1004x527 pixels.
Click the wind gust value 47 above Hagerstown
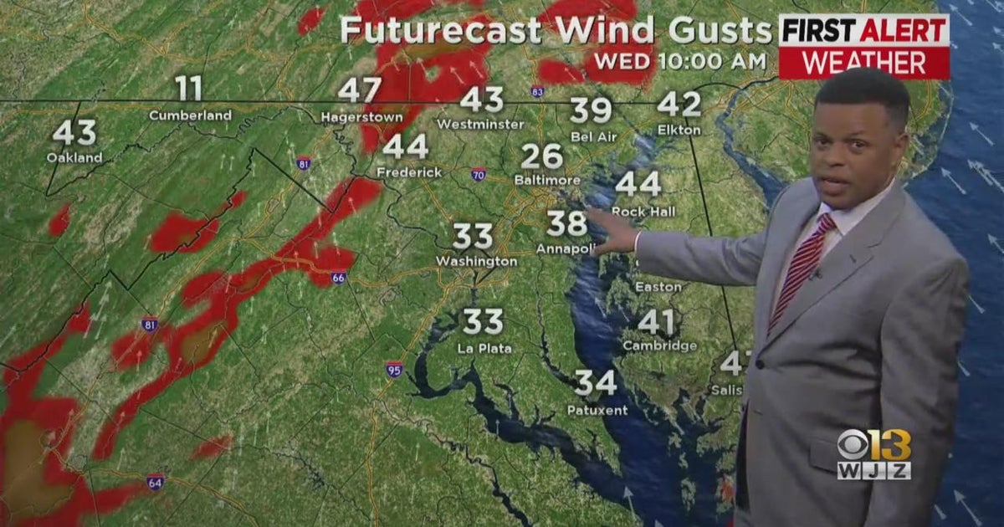pos(360,90)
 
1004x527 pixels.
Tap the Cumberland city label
pos(190,115)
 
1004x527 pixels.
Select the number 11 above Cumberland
pos(189,88)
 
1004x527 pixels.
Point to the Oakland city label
pos(74,157)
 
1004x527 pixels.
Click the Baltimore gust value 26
pos(541,156)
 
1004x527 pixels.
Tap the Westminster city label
pos(480,124)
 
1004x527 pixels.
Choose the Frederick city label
pos(409,172)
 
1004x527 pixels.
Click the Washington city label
pos(476,262)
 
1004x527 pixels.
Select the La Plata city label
pos(484,348)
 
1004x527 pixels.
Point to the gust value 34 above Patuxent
pos(596,383)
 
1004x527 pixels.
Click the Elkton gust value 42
pos(679,104)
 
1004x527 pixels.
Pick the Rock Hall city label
pos(643,212)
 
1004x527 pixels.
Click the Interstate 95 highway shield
pos(394,368)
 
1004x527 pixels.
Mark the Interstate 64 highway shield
pos(155,482)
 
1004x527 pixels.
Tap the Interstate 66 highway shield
pos(338,277)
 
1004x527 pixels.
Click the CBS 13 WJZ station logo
pos(873,455)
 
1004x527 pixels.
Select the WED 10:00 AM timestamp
pos(679,61)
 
